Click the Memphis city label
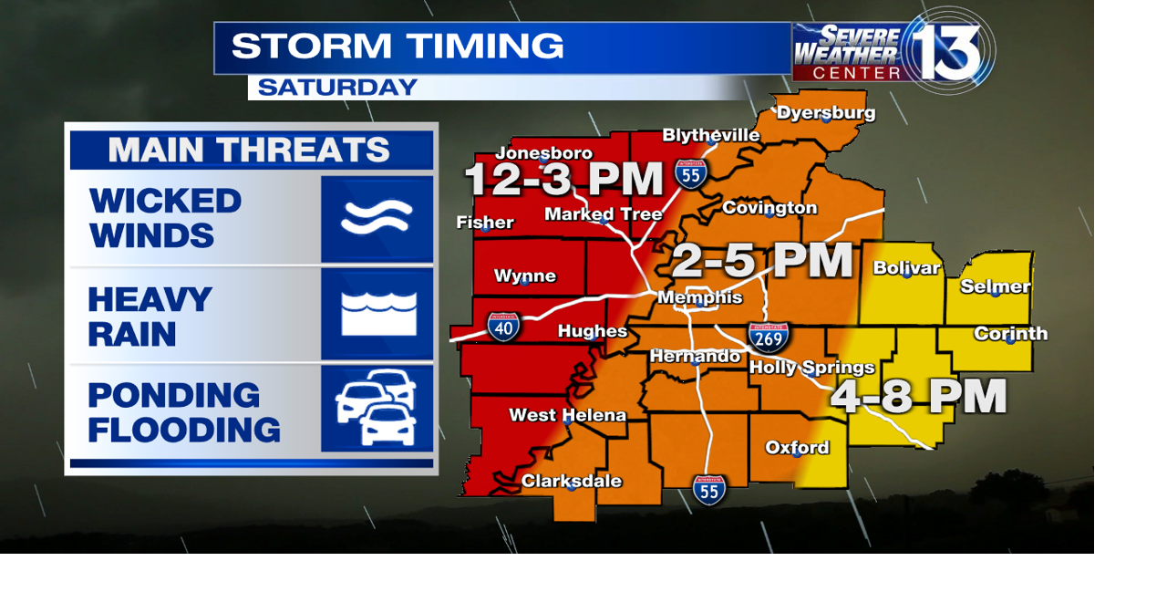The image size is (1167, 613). click(x=700, y=298)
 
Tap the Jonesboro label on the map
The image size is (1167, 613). click(x=544, y=153)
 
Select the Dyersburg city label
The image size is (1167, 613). click(x=826, y=113)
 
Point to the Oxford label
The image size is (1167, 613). click(x=797, y=447)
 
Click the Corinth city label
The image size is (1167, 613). click(x=1010, y=334)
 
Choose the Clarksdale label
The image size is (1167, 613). click(x=572, y=481)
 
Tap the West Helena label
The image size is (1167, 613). click(x=567, y=415)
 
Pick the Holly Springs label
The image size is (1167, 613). click(x=811, y=368)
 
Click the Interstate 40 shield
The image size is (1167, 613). click(x=504, y=326)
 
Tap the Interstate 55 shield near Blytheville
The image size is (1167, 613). click(x=691, y=173)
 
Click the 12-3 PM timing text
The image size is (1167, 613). click(x=563, y=180)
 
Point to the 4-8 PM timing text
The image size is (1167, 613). click(x=919, y=397)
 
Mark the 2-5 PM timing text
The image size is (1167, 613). click(x=761, y=262)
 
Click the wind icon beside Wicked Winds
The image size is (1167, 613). click(x=377, y=219)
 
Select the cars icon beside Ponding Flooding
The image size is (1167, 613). click(x=377, y=407)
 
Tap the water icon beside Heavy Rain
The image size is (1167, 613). click(x=377, y=313)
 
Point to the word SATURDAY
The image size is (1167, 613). click(x=337, y=88)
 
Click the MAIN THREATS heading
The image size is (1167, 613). click(x=249, y=150)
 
